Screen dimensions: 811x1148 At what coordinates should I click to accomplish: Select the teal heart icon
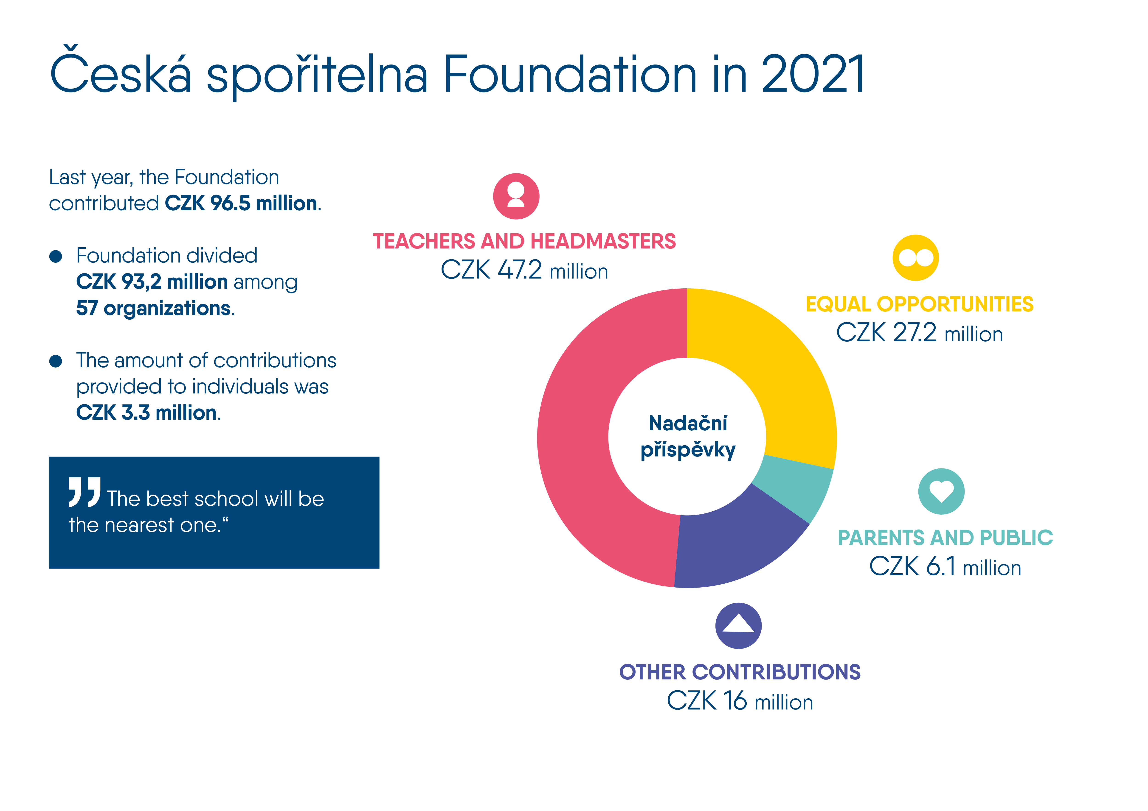coord(941,491)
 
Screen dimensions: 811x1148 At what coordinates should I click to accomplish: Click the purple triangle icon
coord(738,626)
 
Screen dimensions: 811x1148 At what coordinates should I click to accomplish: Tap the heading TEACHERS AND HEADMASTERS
coord(524,241)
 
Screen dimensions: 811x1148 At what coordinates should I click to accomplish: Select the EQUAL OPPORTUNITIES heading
coord(919,304)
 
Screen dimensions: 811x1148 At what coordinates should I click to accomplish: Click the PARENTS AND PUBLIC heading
coord(945,538)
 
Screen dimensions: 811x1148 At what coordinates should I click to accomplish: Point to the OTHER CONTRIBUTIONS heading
coord(740,672)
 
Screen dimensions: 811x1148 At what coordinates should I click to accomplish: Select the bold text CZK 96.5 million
coord(241,203)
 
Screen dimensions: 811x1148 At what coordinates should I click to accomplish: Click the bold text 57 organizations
coord(154,308)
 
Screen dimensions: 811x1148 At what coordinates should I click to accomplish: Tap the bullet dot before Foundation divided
coord(56,256)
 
